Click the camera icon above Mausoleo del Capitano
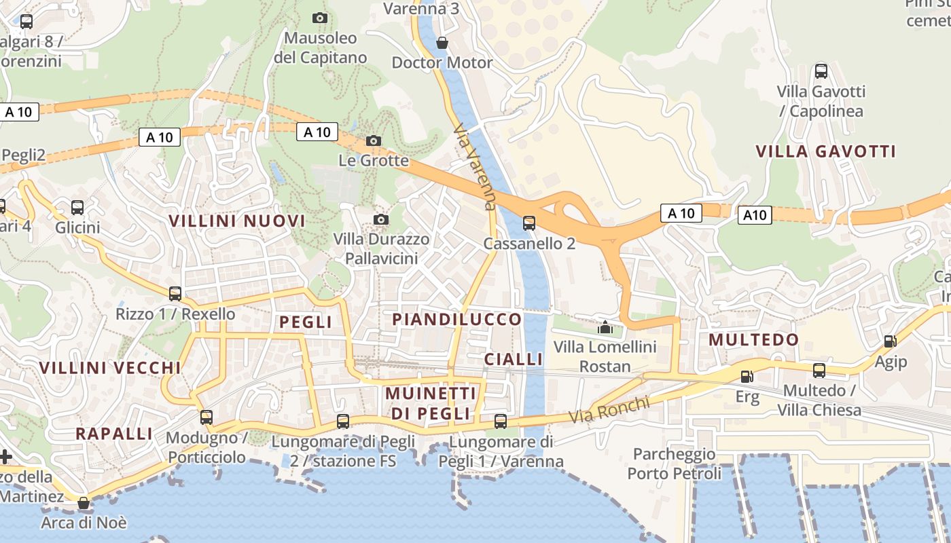[319, 18]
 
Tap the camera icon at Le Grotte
[374, 141]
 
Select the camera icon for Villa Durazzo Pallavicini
[381, 219]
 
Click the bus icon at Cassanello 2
[528, 223]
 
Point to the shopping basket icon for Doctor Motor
[442, 43]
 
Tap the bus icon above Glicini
[77, 208]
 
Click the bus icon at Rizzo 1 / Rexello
[175, 294]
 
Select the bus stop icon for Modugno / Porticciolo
[206, 417]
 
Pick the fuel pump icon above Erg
[747, 376]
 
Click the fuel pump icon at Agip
[890, 341]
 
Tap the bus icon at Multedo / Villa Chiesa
[819, 371]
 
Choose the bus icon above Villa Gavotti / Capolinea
[821, 71]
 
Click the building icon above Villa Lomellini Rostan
[605, 327]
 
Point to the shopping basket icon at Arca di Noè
[84, 503]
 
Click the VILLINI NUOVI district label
[237, 221]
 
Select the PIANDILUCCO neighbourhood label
[457, 319]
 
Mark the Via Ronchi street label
[609, 409]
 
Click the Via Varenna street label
[475, 166]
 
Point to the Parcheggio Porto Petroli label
[675, 464]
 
